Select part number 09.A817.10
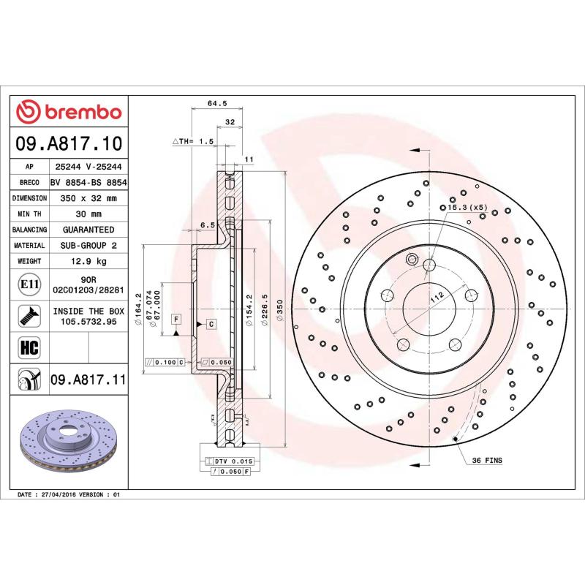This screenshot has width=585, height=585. click(x=69, y=143)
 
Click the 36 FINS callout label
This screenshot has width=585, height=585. click(x=486, y=461)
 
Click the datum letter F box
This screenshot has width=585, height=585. click(x=176, y=318)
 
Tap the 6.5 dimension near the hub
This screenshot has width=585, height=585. click(x=207, y=225)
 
